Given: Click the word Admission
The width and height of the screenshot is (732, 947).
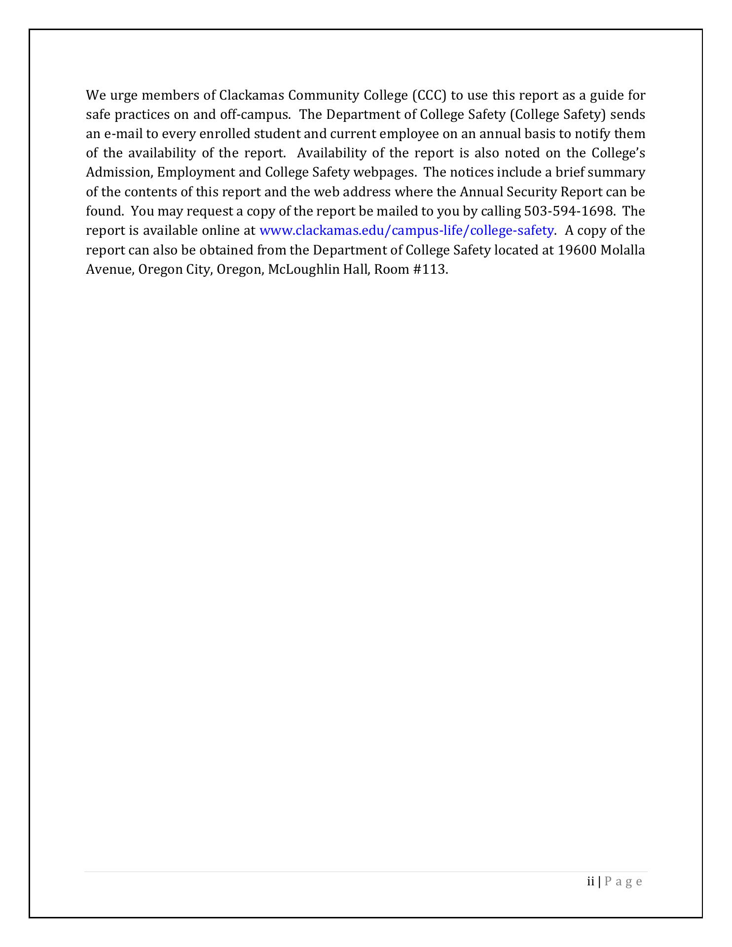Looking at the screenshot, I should click(x=118, y=173).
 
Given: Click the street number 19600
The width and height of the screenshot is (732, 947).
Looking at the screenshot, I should click(x=577, y=250).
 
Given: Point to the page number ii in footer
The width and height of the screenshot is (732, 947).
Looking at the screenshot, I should click(x=590, y=882).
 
